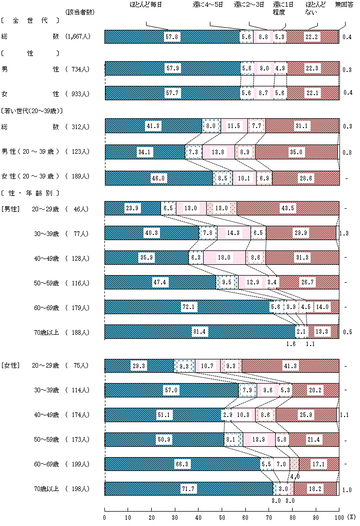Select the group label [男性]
point(11,208)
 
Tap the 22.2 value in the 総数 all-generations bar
point(311,37)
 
